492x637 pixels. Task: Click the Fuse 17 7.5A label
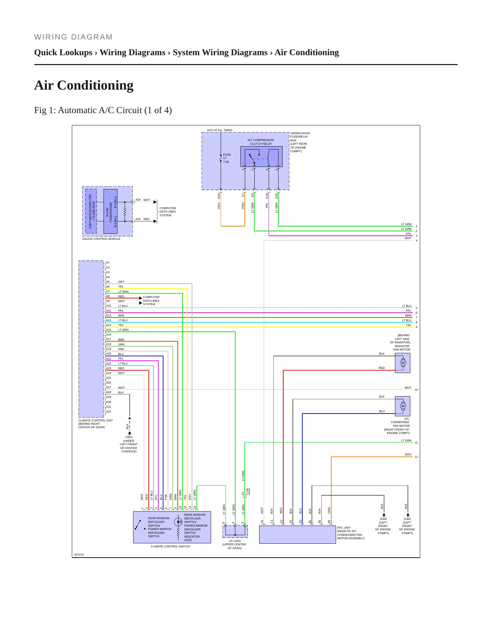[x=227, y=158]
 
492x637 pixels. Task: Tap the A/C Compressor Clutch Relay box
[x=261, y=156]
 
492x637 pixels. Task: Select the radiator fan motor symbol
[x=402, y=363]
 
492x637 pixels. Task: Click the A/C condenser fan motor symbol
[x=402, y=406]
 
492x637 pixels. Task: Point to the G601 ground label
[x=129, y=437]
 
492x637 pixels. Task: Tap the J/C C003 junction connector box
[x=235, y=531]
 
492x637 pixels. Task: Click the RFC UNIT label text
[x=344, y=528]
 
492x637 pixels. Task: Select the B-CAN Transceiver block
[x=110, y=211]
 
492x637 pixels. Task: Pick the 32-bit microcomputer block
[x=91, y=211]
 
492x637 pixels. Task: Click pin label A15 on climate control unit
[x=109, y=330]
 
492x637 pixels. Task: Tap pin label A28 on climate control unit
[x=109, y=392]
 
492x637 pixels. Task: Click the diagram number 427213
[x=79, y=555]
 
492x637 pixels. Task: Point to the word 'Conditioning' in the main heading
[x=95, y=86]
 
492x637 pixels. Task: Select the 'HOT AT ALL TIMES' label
[x=220, y=130]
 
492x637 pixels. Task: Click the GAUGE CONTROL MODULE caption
[x=101, y=239]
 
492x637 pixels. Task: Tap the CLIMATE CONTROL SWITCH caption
[x=171, y=546]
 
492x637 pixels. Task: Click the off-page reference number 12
[x=416, y=457]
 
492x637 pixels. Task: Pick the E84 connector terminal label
[x=219, y=196]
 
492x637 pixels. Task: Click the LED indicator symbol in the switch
[x=178, y=522]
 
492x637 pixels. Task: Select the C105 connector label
[x=248, y=492]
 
